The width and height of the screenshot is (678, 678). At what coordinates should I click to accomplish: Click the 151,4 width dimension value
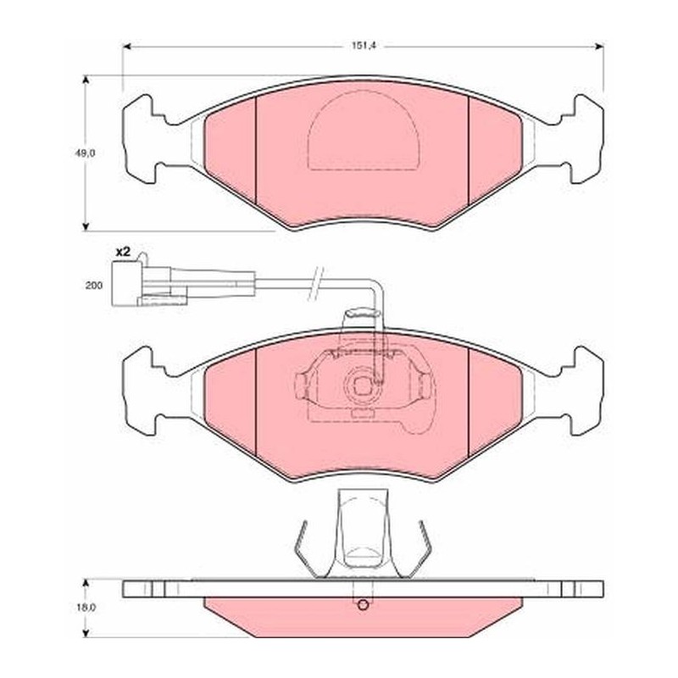[362, 46]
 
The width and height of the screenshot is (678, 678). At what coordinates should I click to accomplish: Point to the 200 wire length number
[94, 286]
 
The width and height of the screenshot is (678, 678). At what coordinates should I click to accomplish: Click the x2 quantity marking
[122, 252]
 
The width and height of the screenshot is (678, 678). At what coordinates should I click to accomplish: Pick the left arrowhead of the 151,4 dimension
[127, 47]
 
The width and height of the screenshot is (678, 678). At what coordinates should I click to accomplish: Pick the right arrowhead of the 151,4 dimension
[599, 47]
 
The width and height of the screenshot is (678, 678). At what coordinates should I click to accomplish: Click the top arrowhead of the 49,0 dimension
[86, 81]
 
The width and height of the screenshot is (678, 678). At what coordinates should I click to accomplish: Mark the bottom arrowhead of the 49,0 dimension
[86, 226]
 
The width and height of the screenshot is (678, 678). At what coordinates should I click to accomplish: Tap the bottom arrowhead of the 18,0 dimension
[86, 633]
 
